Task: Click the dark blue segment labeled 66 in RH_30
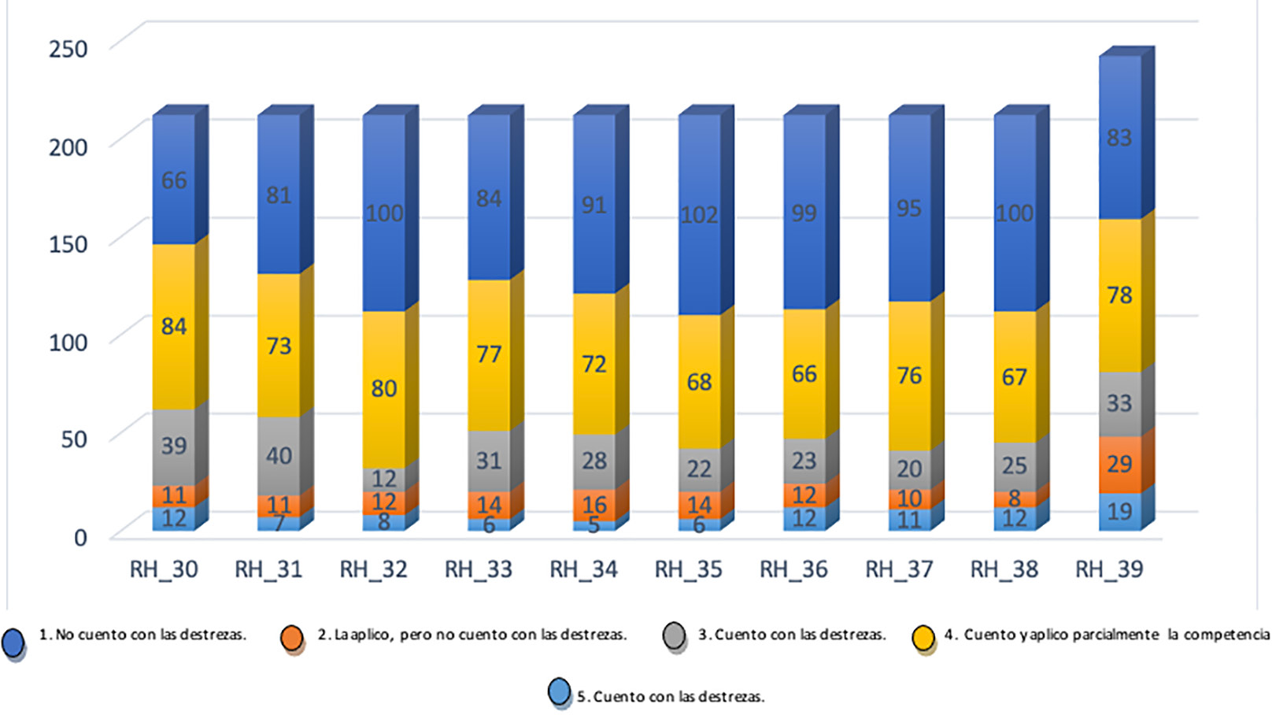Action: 174,180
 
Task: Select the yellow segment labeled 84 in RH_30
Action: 174,326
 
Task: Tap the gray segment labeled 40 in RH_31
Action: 279,455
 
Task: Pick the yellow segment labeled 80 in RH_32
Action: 384,388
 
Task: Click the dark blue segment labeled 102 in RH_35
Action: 699,215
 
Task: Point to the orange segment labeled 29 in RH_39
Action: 1119,464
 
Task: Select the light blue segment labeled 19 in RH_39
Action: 1119,511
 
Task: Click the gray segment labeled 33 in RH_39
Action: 1119,403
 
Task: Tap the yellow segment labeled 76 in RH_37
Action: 909,375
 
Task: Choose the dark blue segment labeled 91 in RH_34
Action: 594,205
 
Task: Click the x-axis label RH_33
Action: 479,569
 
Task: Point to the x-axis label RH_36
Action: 793,569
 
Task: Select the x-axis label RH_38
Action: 1004,569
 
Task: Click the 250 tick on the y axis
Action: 68,49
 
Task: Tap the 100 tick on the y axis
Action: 68,342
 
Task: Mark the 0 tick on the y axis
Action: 80,538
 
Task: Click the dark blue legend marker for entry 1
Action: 13,641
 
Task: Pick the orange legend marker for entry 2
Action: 292,638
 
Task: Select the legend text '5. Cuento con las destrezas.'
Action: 671,697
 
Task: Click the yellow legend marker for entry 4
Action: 923,638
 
